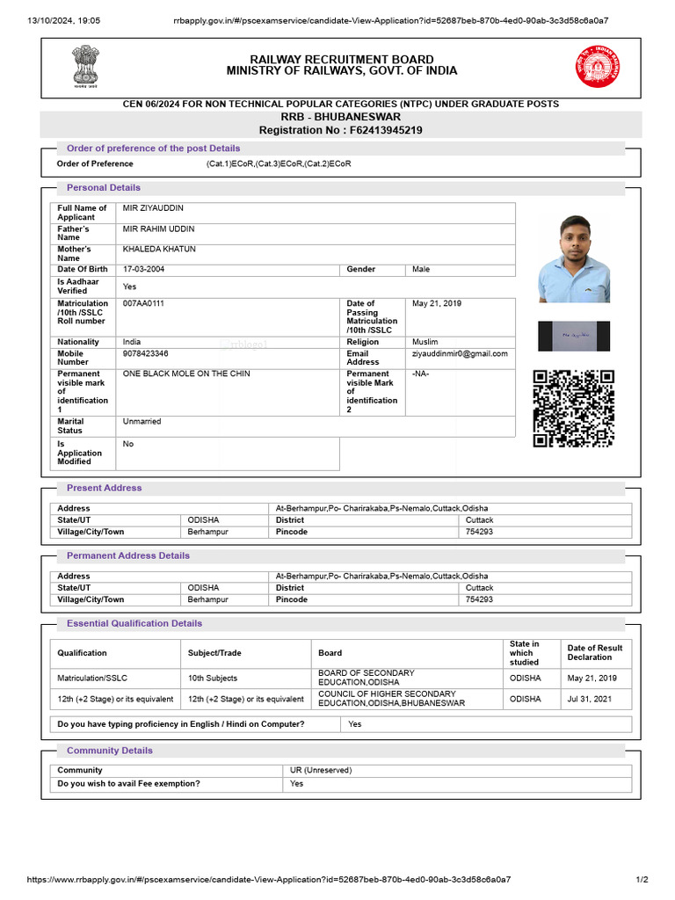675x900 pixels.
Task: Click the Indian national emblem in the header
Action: (x=86, y=64)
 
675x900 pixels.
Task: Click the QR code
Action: (x=574, y=410)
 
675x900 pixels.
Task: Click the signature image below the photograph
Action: (x=574, y=336)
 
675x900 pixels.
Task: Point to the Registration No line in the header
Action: (x=341, y=130)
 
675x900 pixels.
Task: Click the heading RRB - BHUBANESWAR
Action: (x=341, y=117)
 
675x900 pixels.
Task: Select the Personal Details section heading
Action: (x=104, y=187)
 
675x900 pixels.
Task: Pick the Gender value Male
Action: (x=421, y=270)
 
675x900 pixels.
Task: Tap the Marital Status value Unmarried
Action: (x=142, y=422)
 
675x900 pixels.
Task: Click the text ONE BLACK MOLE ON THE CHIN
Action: (x=186, y=374)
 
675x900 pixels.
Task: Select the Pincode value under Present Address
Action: (x=479, y=532)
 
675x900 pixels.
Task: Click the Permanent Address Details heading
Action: (x=128, y=555)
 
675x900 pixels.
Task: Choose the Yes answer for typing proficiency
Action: (x=354, y=724)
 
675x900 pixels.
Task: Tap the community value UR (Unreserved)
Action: (x=321, y=770)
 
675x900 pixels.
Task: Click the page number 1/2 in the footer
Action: (x=642, y=879)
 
